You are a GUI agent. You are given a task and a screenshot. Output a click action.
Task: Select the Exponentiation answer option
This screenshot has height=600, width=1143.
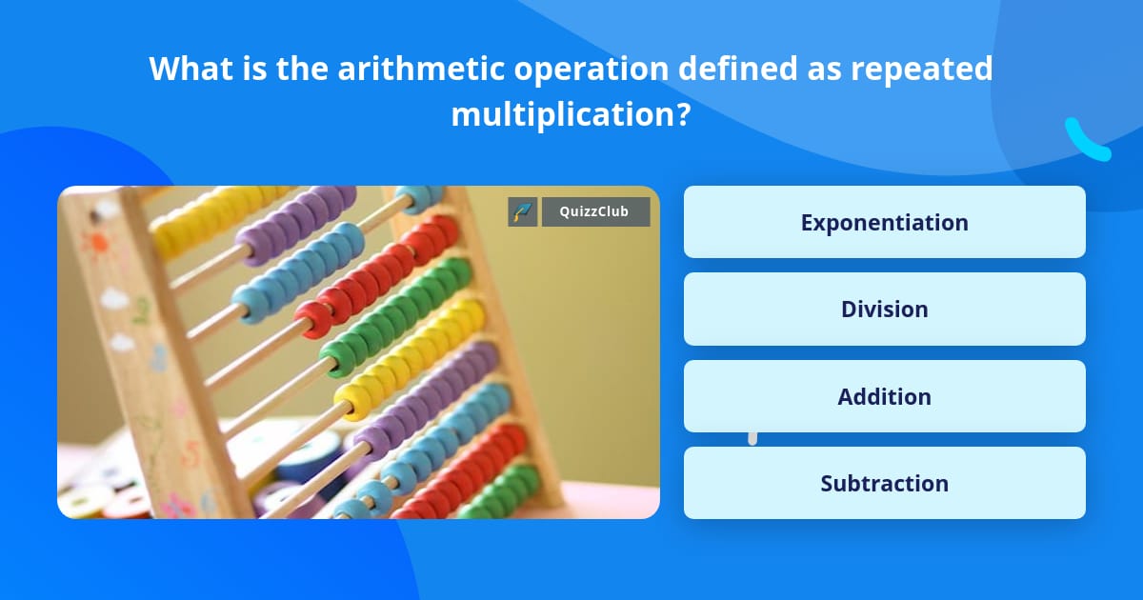point(884,222)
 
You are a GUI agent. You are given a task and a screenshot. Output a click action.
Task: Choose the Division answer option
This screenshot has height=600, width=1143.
point(884,309)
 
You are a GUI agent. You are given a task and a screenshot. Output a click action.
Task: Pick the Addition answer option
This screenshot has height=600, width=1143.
point(884,396)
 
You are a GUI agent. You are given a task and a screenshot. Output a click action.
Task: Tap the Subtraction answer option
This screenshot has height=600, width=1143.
point(884,483)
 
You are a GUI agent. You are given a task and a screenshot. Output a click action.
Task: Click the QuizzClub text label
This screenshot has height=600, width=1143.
point(594,211)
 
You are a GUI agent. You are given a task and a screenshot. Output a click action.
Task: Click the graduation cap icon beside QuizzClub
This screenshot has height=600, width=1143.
point(523,211)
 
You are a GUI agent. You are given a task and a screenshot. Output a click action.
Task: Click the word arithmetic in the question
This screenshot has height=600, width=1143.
point(421,69)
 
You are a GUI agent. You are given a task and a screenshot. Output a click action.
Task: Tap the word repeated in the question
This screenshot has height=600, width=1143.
point(922,70)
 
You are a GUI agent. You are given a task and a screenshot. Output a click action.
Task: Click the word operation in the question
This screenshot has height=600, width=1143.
point(591,70)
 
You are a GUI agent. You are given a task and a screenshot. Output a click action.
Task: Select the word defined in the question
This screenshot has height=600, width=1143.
point(737,69)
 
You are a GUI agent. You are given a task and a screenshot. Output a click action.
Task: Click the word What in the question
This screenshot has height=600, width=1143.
point(190,69)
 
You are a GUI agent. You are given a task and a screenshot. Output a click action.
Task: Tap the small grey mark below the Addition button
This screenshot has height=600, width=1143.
point(752,438)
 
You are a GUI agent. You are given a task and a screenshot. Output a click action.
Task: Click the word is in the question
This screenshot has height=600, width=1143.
point(254,69)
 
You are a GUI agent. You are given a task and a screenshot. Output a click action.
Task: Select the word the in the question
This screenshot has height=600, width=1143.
point(302,69)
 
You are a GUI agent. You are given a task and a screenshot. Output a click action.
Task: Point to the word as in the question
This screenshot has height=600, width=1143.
point(824,72)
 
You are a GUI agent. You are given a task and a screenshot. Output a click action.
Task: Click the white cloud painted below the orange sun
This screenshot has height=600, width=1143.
point(115,299)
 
